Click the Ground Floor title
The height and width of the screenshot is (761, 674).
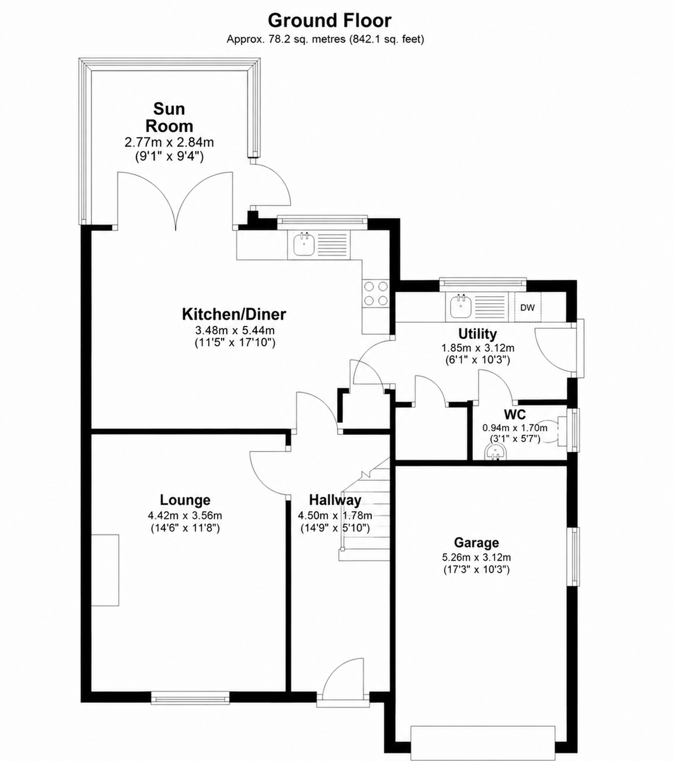[x=329, y=20]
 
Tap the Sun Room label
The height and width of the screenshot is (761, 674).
[x=169, y=117]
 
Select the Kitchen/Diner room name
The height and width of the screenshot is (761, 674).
[x=234, y=314]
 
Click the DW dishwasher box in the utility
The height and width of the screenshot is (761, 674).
[x=527, y=308]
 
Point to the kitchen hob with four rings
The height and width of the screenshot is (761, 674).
[x=376, y=294]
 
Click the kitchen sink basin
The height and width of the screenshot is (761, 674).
[x=303, y=245]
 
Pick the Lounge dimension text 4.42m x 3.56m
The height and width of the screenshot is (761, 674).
[x=185, y=516]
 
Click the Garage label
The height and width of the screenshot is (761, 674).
[x=476, y=542]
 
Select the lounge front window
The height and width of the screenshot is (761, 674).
[x=190, y=698]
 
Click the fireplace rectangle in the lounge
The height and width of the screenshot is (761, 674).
[x=105, y=570]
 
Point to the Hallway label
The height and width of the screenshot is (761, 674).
[x=335, y=500]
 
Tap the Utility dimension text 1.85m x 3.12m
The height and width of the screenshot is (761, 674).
[x=477, y=348]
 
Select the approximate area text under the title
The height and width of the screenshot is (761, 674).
[x=325, y=39]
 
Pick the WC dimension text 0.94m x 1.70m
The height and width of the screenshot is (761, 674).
[x=515, y=428]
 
